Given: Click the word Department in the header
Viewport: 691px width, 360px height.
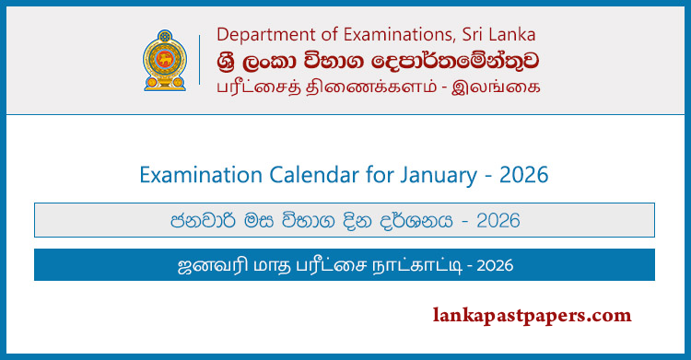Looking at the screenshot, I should coord(259,35).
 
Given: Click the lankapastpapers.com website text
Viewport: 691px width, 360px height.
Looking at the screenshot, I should coord(532,315).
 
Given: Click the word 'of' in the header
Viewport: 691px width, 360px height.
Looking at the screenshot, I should coord(315,35).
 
